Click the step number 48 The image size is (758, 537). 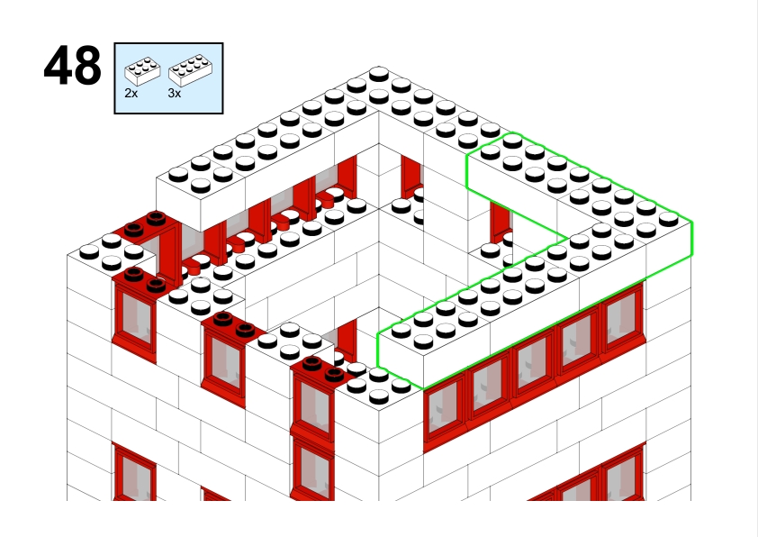pos(73,66)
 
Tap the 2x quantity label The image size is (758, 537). pos(131,93)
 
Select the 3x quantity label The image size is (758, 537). pos(175,93)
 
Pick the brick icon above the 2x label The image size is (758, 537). pos(142,70)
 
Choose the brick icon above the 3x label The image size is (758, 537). pos(190,69)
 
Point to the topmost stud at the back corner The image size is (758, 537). pos(379,74)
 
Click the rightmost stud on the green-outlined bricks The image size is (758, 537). pos(669,219)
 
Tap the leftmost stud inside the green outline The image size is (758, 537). pos(402,330)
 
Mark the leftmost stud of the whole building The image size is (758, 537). pos(89,251)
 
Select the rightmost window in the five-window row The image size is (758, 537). pos(623,318)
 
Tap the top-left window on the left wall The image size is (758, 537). pos(134,319)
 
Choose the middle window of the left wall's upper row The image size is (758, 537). pos(223,365)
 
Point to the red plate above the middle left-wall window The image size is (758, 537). pos(232,325)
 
